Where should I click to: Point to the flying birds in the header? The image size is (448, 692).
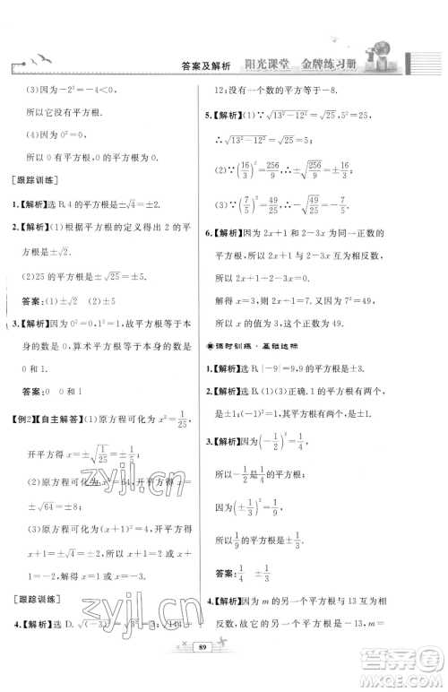pyautogui.click(x=41, y=59)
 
